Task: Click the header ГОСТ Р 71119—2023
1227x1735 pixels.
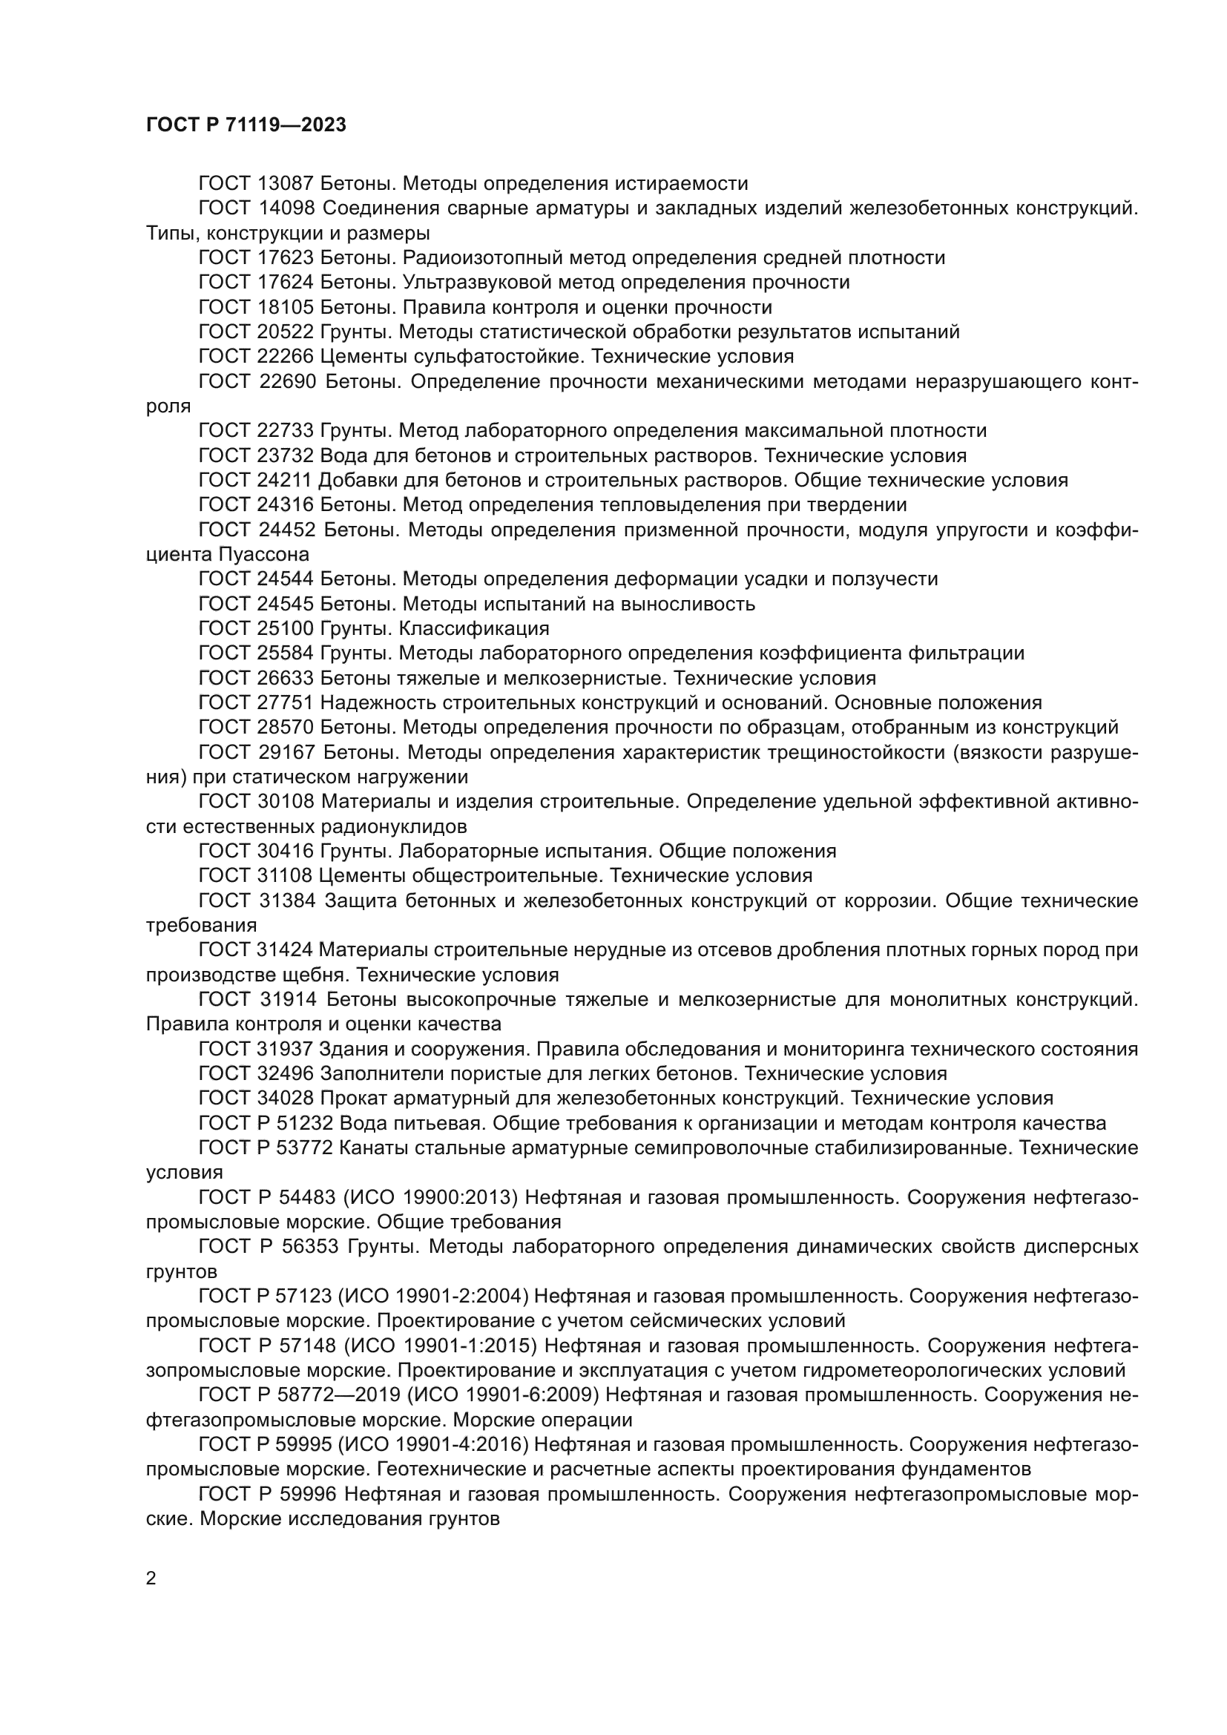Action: click(246, 125)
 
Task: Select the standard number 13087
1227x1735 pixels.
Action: click(286, 184)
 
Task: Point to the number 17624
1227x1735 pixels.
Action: click(286, 283)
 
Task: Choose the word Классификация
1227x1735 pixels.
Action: click(474, 629)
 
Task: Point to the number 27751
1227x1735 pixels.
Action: click(286, 702)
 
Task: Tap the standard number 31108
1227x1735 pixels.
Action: click(286, 876)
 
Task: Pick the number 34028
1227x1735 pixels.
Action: click(286, 1098)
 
